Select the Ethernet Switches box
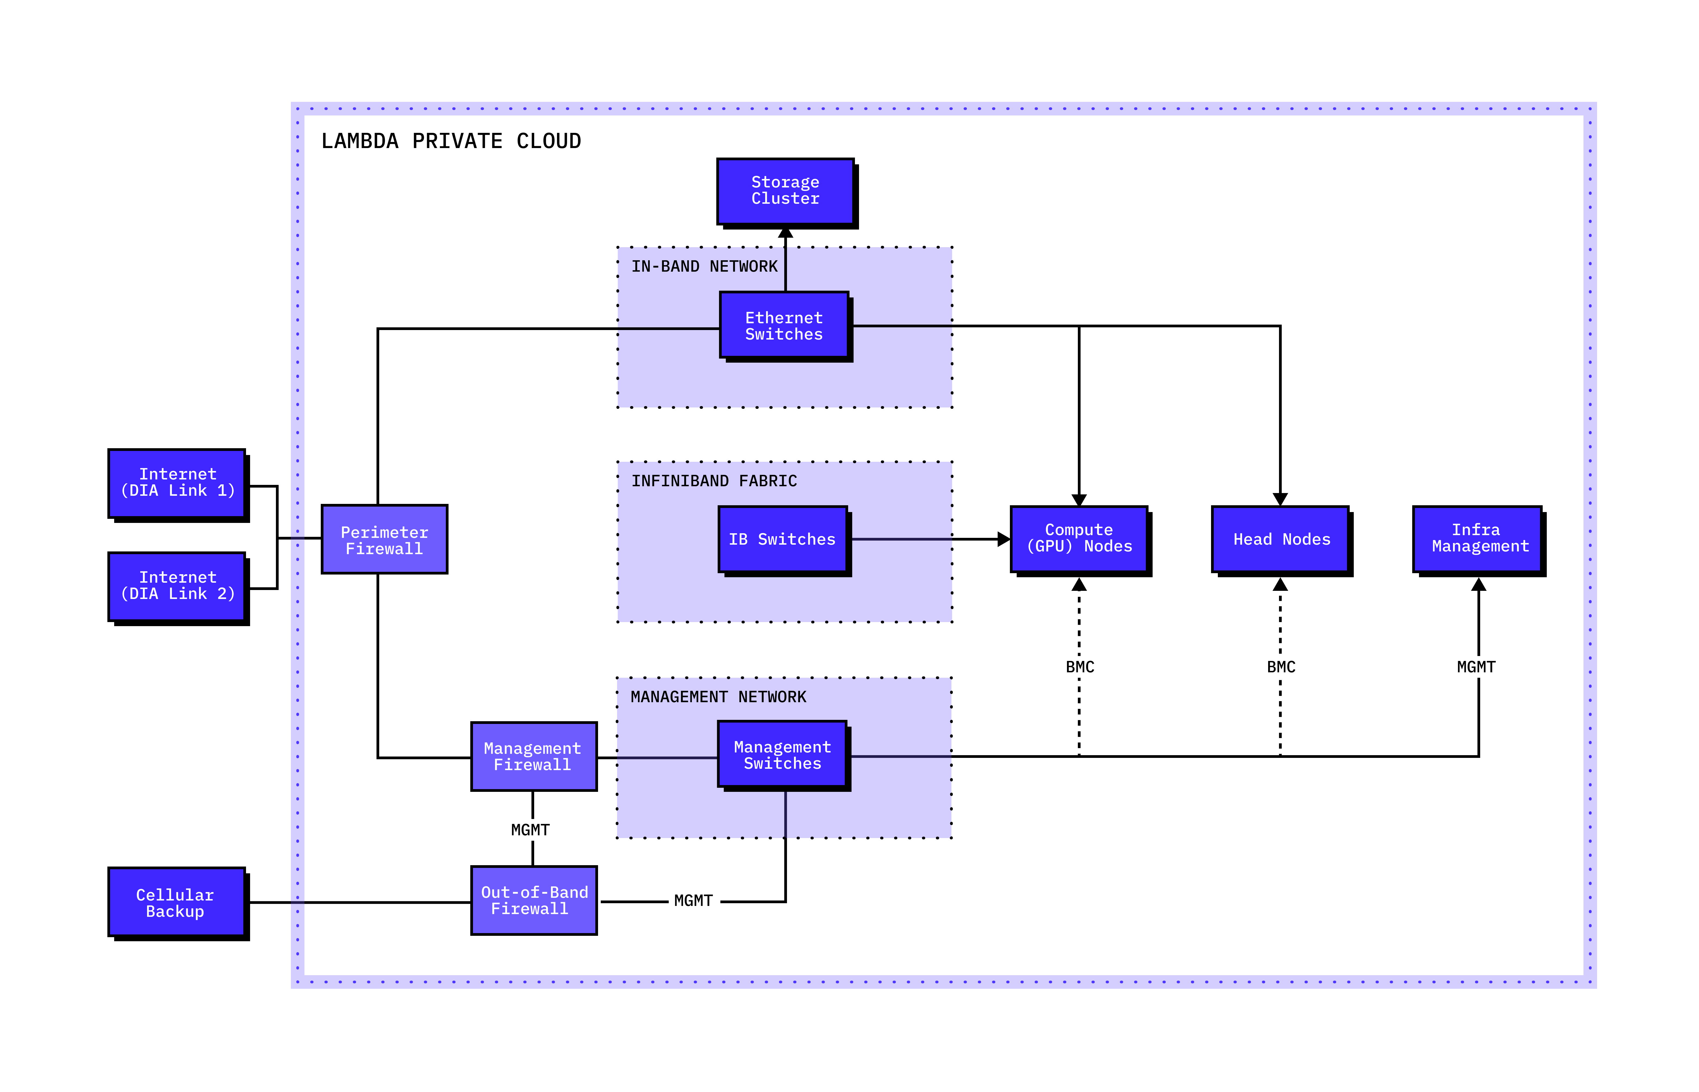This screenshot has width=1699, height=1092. pos(784,325)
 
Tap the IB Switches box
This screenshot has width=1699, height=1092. pos(782,539)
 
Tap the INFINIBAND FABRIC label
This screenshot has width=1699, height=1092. pos(714,481)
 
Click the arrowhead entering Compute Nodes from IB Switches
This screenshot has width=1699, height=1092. pos(1003,539)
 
